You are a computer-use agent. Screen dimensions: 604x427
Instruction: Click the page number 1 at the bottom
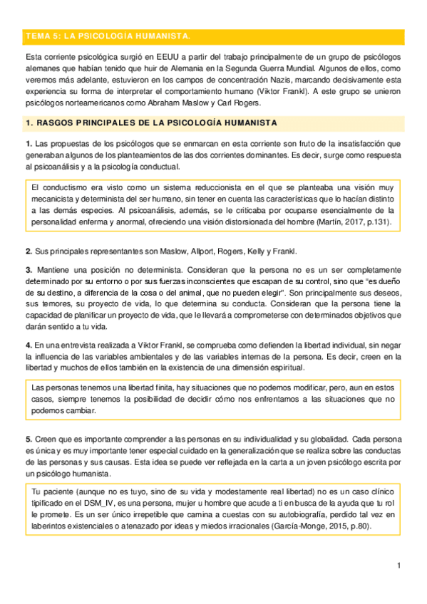400,565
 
